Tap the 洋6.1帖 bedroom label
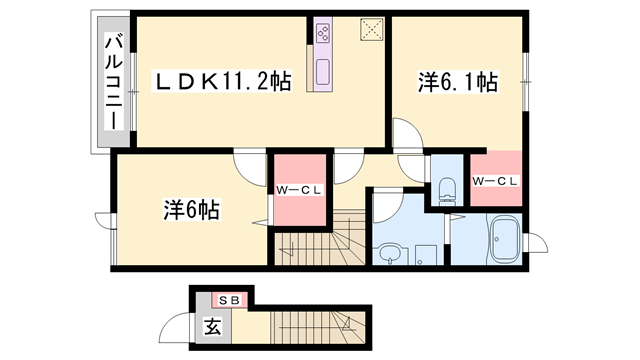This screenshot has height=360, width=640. pyautogui.click(x=457, y=85)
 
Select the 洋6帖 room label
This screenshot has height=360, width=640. pyautogui.click(x=192, y=210)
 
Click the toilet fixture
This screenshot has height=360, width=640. pyautogui.click(x=445, y=186)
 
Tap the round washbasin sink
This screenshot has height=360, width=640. pyautogui.click(x=387, y=253)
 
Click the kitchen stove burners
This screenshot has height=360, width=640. pyautogui.click(x=323, y=34)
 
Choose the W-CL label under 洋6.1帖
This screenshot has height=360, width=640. pyautogui.click(x=495, y=181)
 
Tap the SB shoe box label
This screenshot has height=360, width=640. pyautogui.click(x=229, y=300)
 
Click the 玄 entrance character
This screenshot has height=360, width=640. pyautogui.click(x=213, y=325)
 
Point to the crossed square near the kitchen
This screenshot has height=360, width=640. pyautogui.click(x=371, y=29)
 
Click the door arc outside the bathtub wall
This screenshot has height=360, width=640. pyautogui.click(x=535, y=242)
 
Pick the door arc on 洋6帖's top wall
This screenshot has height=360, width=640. pyautogui.click(x=247, y=163)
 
